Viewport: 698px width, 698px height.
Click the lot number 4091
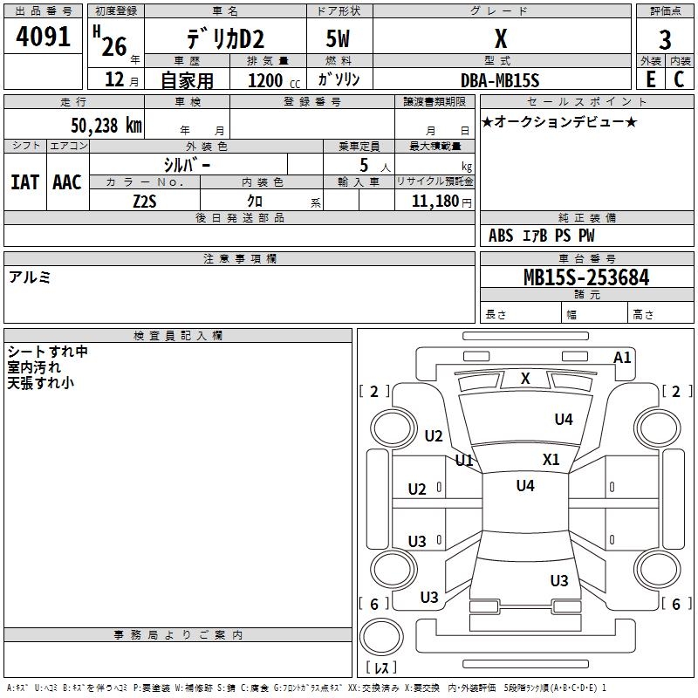click(x=43, y=37)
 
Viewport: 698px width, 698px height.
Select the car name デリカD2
click(x=225, y=39)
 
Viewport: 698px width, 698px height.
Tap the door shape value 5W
click(x=338, y=38)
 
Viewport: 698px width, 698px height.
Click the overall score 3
click(x=665, y=40)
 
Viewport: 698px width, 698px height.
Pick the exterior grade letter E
click(x=650, y=79)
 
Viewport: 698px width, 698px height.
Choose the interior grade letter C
click(x=679, y=79)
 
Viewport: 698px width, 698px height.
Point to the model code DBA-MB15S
click(x=500, y=80)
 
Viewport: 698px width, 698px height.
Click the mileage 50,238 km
click(x=106, y=125)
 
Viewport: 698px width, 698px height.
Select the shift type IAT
click(x=25, y=182)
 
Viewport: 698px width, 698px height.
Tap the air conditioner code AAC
click(x=67, y=182)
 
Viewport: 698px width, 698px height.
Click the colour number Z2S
click(x=145, y=202)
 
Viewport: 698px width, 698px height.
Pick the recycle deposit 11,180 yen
click(x=441, y=202)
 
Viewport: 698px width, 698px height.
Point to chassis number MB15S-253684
click(x=586, y=277)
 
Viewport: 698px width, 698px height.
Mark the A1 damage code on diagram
click(x=622, y=358)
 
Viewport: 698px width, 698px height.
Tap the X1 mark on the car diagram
click(x=551, y=459)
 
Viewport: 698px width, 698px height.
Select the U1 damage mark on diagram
click(x=464, y=460)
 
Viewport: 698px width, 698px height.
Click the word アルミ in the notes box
click(x=30, y=277)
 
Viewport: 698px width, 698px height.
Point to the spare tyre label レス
click(x=381, y=667)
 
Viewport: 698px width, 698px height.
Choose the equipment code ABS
click(x=501, y=236)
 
